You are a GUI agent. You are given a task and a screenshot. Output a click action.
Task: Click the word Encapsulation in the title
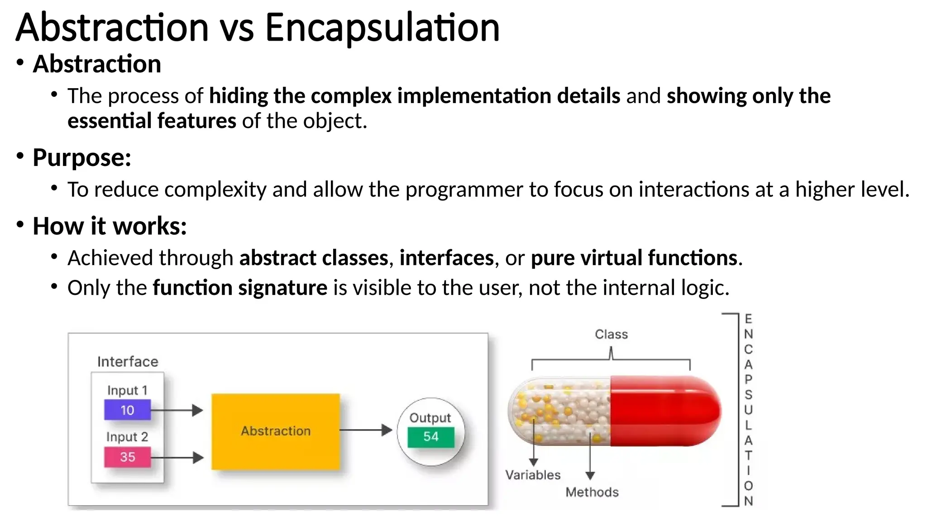click(382, 28)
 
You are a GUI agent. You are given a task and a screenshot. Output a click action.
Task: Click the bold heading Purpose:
click(82, 158)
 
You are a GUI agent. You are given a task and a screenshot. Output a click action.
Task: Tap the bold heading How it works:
click(110, 226)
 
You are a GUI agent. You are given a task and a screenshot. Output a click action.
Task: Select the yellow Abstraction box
click(276, 431)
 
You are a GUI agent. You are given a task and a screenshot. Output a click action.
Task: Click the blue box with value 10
click(127, 410)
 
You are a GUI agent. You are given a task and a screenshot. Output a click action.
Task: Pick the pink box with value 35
click(127, 457)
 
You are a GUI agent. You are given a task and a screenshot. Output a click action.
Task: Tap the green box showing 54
click(430, 437)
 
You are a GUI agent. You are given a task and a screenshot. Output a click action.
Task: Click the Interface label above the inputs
click(128, 362)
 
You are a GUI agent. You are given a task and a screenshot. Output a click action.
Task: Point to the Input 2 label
click(127, 437)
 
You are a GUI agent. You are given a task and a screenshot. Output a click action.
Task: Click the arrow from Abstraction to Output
click(365, 430)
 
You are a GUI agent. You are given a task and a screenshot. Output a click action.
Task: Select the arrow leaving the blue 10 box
click(177, 410)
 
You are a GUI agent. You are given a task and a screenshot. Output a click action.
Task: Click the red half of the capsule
click(663, 411)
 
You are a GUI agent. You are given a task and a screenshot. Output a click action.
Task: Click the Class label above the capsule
click(611, 334)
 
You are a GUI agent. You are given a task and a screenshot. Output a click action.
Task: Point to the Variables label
click(533, 475)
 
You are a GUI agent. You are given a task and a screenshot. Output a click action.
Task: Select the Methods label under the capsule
click(592, 492)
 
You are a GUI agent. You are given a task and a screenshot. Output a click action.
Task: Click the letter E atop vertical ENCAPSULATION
click(748, 319)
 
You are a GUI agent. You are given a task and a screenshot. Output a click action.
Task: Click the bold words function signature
click(240, 288)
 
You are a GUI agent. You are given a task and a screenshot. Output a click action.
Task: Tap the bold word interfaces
click(446, 258)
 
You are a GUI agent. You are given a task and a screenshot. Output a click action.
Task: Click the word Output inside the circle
click(430, 418)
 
